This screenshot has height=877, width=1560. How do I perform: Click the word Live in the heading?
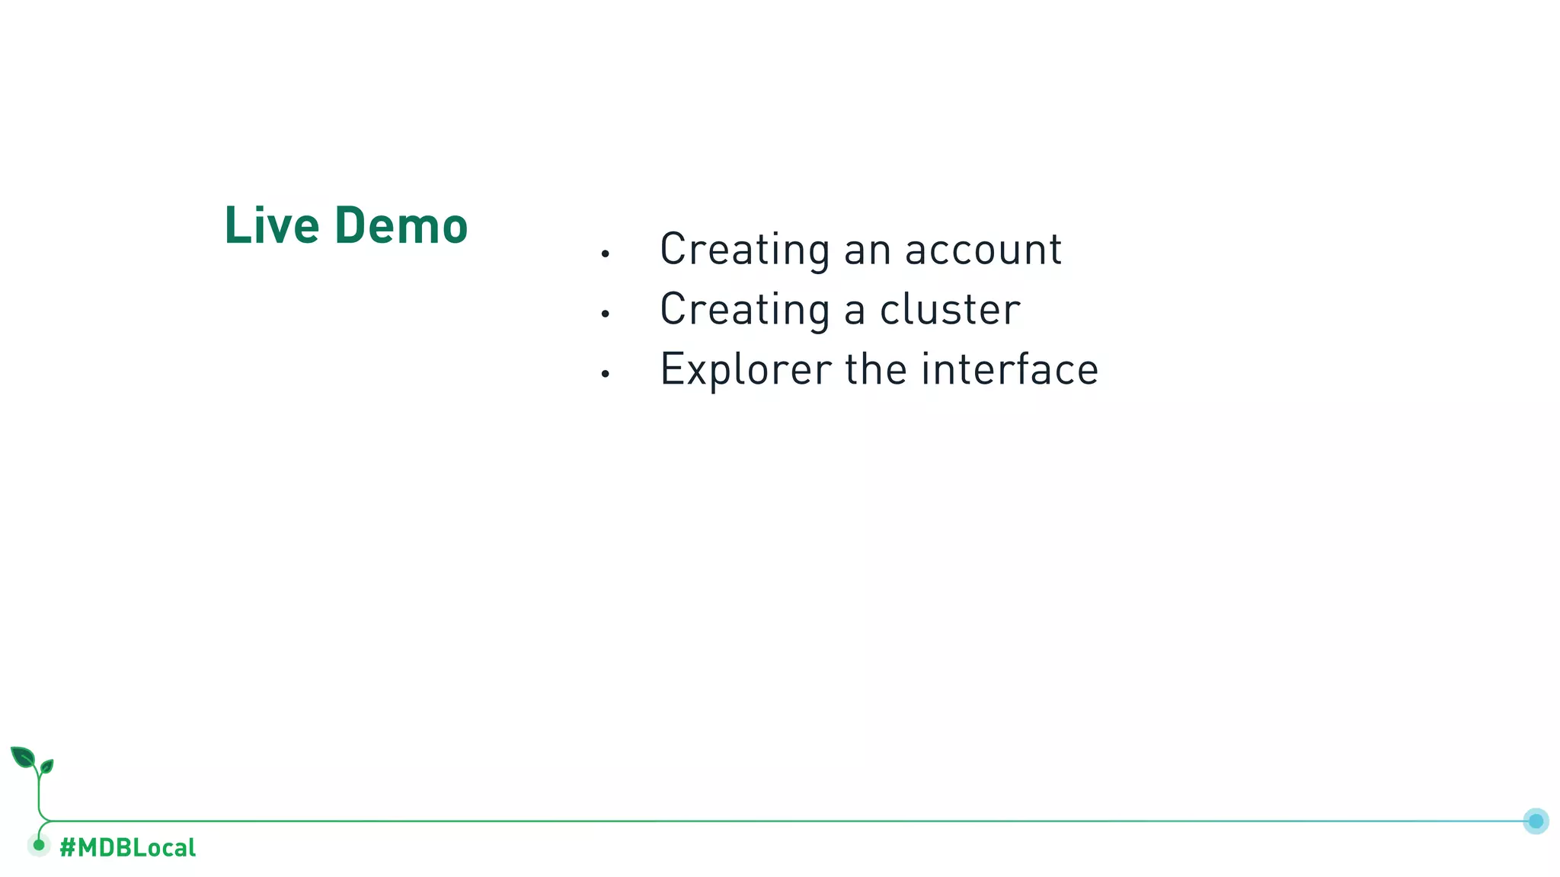(x=271, y=226)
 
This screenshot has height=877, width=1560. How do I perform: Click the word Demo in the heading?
(x=401, y=226)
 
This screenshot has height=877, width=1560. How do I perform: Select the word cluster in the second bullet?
(x=950, y=310)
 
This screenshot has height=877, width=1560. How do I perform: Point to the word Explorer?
(x=745, y=370)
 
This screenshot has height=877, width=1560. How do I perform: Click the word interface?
(x=1009, y=370)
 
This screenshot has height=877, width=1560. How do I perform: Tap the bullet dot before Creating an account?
(x=605, y=254)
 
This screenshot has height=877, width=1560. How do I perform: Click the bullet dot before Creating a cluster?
(x=605, y=314)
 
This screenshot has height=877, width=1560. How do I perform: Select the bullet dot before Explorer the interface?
(x=605, y=374)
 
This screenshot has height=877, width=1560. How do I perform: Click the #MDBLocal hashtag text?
(x=127, y=847)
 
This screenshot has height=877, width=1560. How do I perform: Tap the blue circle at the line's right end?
(x=1536, y=821)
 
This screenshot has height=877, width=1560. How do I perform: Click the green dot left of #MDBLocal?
(x=39, y=845)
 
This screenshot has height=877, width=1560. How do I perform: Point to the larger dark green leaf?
(x=23, y=757)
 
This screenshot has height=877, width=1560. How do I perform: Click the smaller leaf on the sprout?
(x=46, y=766)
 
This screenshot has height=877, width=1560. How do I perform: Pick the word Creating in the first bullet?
(x=744, y=250)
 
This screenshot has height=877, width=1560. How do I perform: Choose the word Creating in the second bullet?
(x=744, y=310)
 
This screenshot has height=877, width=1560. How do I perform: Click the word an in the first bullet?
(x=867, y=250)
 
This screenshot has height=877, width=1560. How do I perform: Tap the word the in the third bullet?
(x=876, y=370)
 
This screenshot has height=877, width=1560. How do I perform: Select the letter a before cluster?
(x=855, y=311)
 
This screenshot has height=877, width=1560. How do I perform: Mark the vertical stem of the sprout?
(x=39, y=796)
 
